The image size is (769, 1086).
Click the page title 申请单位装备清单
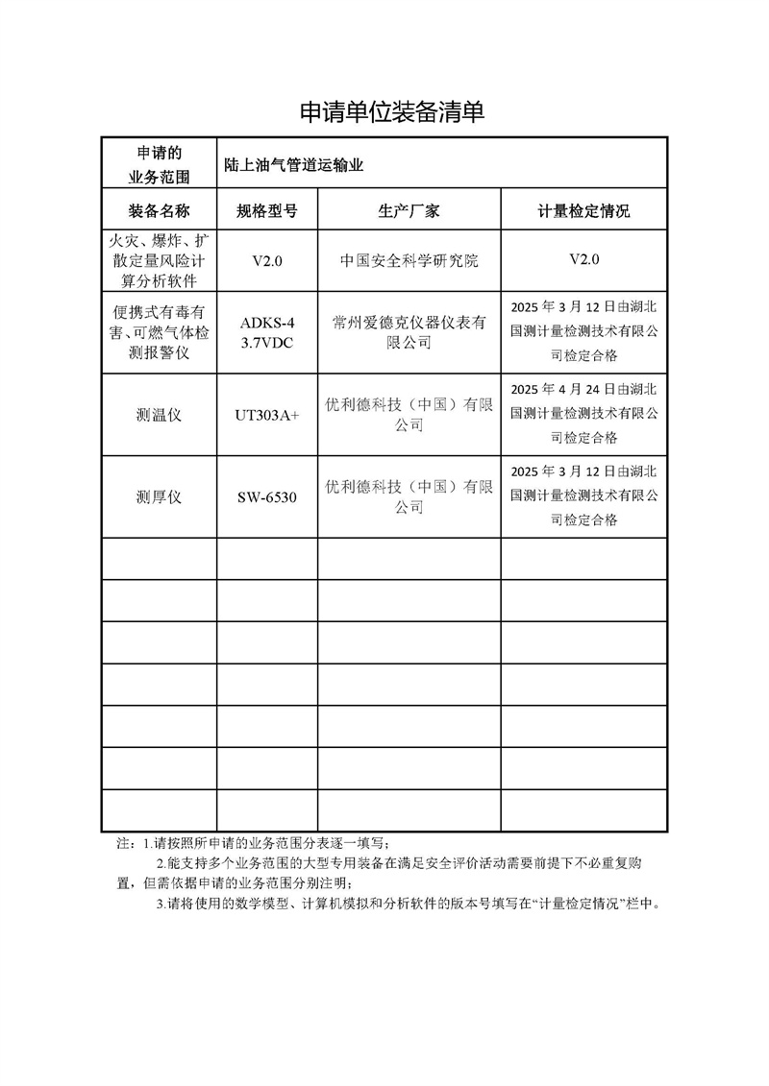pos(391,113)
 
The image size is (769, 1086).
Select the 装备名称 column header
pos(160,211)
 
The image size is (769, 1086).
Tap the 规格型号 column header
pos(266,211)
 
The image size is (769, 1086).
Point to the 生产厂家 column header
pos(409,211)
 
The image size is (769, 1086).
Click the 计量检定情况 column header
pos(583,211)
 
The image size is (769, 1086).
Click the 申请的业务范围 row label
pos(160,165)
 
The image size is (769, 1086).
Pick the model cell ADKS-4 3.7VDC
pos(266,331)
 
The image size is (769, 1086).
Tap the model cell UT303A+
pos(266,416)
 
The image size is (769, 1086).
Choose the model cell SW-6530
pos(266,497)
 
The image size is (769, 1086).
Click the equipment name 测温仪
pos(160,416)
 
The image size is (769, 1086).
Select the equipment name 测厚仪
pos(160,497)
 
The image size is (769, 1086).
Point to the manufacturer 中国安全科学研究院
pos(409,260)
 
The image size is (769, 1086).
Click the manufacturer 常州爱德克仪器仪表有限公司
pos(409,331)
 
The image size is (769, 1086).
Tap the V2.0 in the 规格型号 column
pos(266,260)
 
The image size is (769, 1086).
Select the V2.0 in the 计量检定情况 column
pos(583,259)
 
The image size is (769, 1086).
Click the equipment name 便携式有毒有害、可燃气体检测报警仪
pos(160,333)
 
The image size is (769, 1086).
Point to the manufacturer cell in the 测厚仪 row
pos(409,496)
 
